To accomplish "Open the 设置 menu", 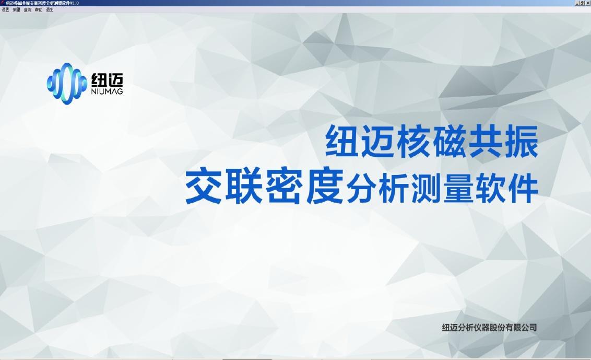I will (x=5, y=9).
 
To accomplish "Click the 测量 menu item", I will (x=16, y=9).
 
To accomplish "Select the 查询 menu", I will (x=27, y=9).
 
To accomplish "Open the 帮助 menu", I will (x=39, y=9).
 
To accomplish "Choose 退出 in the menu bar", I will (x=50, y=9).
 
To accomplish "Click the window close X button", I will (x=588, y=3).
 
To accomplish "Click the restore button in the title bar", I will (x=583, y=3).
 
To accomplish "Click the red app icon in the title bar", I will (x=3, y=3).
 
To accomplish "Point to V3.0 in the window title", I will (x=74, y=3).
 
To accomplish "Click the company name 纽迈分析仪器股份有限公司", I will (x=489, y=328).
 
